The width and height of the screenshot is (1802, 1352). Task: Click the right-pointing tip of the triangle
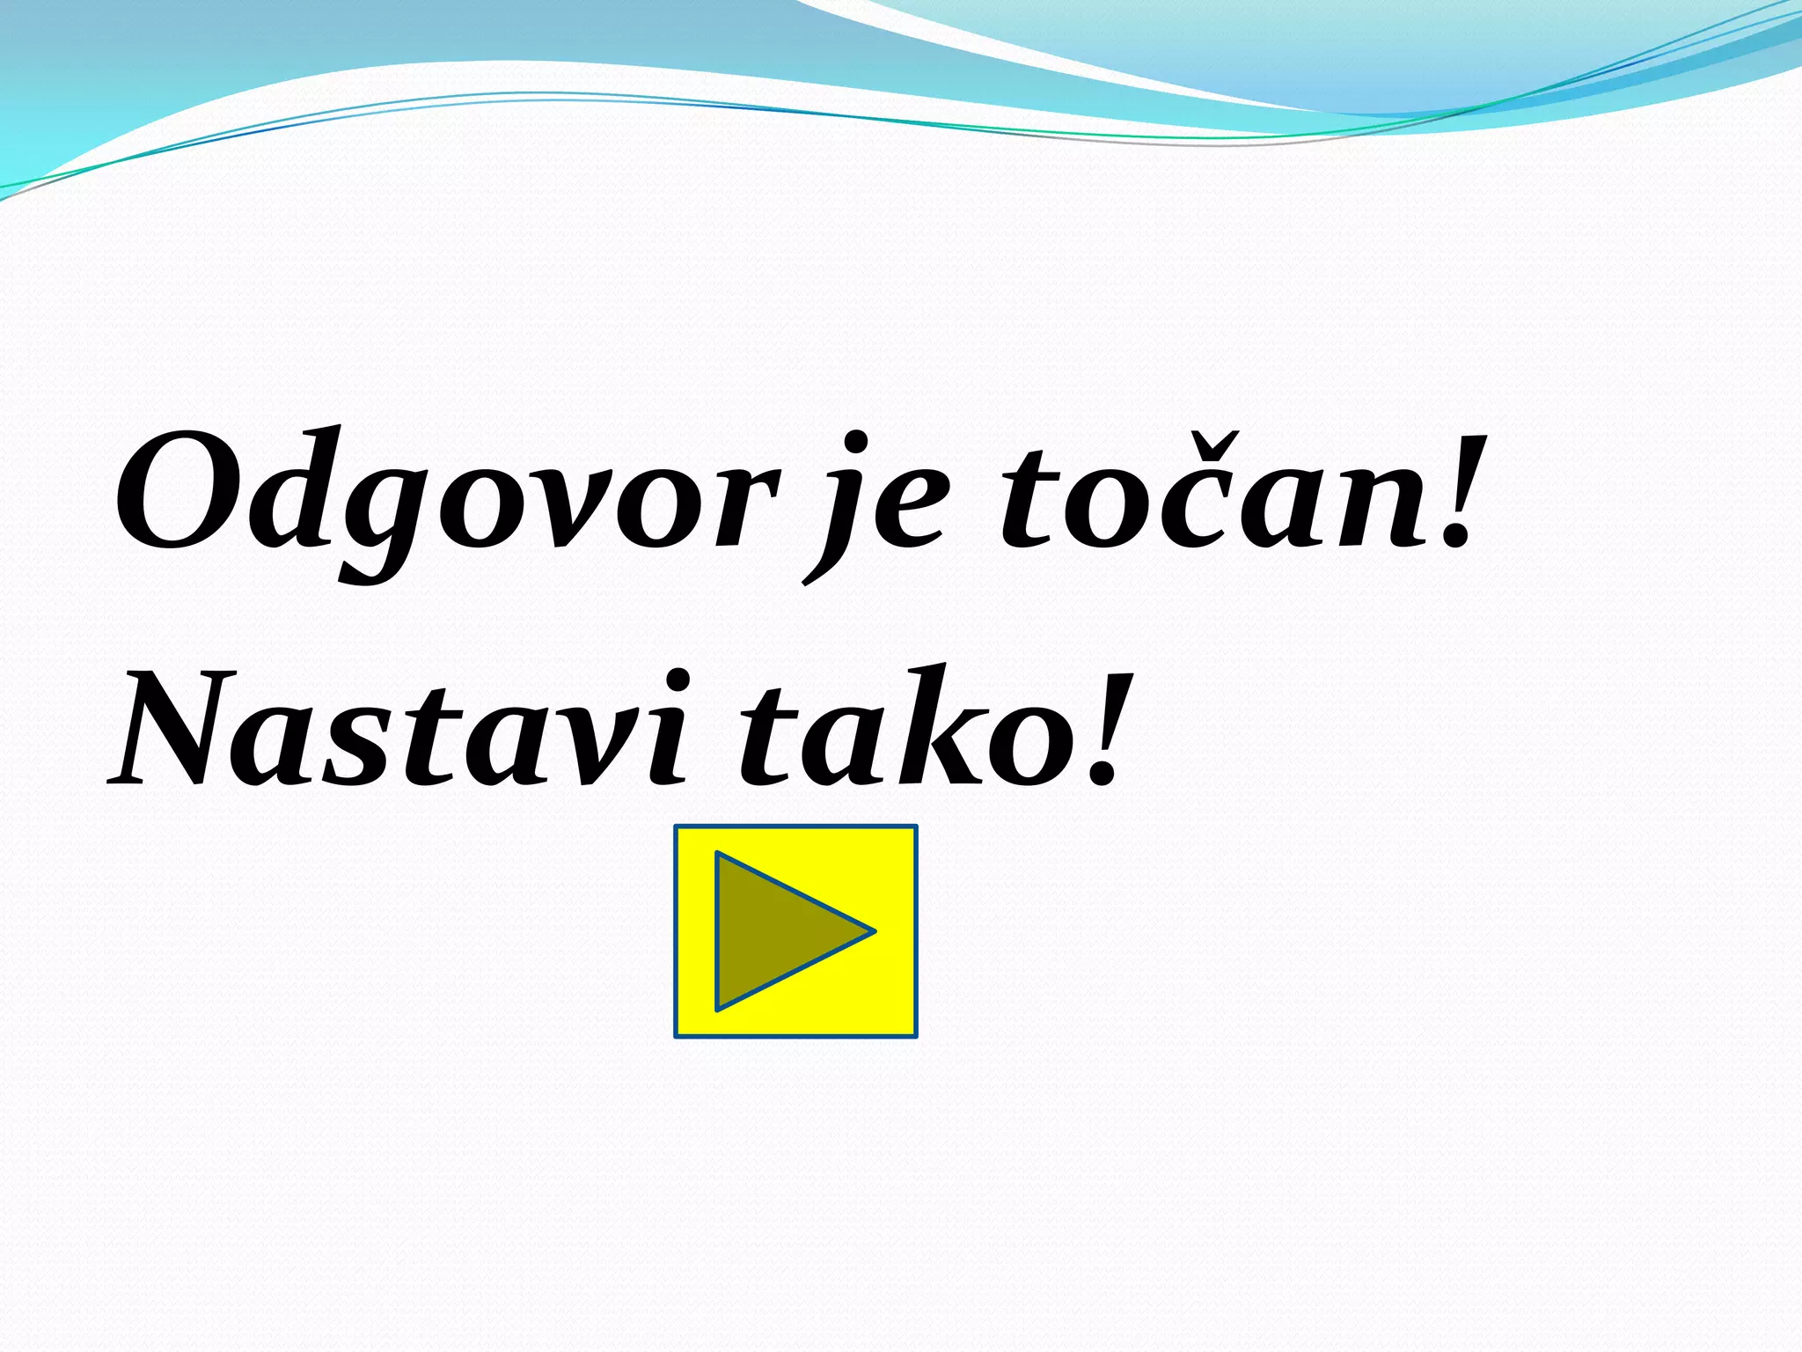(x=871, y=930)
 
